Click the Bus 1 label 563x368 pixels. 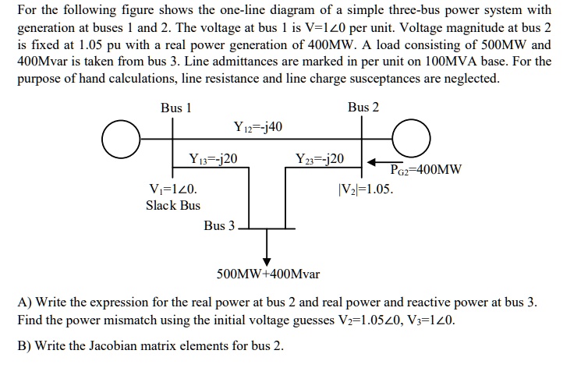coord(175,108)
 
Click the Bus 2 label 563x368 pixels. coord(363,107)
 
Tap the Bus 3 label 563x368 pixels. coord(219,226)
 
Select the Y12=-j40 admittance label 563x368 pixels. coord(257,127)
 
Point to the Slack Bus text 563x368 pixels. coord(173,205)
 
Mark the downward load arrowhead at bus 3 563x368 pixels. coord(267,260)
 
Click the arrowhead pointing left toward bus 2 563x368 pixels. coord(374,161)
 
